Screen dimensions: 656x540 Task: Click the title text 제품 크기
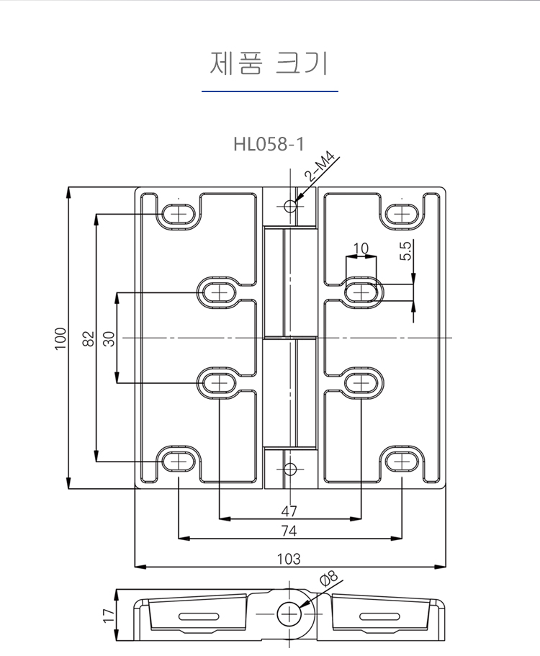(269, 63)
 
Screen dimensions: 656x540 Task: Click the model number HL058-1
(269, 144)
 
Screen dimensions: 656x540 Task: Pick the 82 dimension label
(89, 338)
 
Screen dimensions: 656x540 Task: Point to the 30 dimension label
(109, 338)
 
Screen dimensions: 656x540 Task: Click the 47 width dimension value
(289, 511)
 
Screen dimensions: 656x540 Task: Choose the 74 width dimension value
(289, 531)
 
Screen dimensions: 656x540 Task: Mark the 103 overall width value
(289, 559)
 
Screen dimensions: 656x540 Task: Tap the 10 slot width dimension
(361, 248)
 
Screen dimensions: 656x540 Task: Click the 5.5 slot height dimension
(405, 251)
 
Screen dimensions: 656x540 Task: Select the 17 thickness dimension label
(109, 615)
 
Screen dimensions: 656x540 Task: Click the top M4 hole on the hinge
(289, 207)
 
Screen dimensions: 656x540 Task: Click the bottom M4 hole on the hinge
(289, 469)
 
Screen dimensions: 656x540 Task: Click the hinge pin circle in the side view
(290, 614)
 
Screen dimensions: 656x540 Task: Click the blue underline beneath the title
(269, 91)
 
